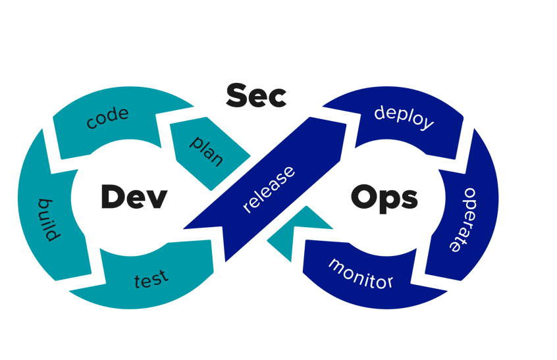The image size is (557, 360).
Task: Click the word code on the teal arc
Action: pyautogui.click(x=107, y=118)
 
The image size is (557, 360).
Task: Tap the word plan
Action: pyautogui.click(x=207, y=151)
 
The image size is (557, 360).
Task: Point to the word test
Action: pyautogui.click(x=151, y=279)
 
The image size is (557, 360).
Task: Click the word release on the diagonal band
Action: pyautogui.click(x=269, y=190)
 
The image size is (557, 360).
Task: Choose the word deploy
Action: pyautogui.click(x=404, y=116)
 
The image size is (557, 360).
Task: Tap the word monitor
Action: pyautogui.click(x=360, y=273)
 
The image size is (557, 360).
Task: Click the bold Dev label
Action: pyautogui.click(x=134, y=197)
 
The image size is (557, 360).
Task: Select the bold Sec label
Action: pyautogui.click(x=256, y=96)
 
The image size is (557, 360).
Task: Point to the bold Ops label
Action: pyautogui.click(x=384, y=197)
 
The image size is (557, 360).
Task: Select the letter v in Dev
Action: pyautogui.click(x=157, y=199)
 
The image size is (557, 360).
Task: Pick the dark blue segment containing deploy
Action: pyautogui.click(x=408, y=128)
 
